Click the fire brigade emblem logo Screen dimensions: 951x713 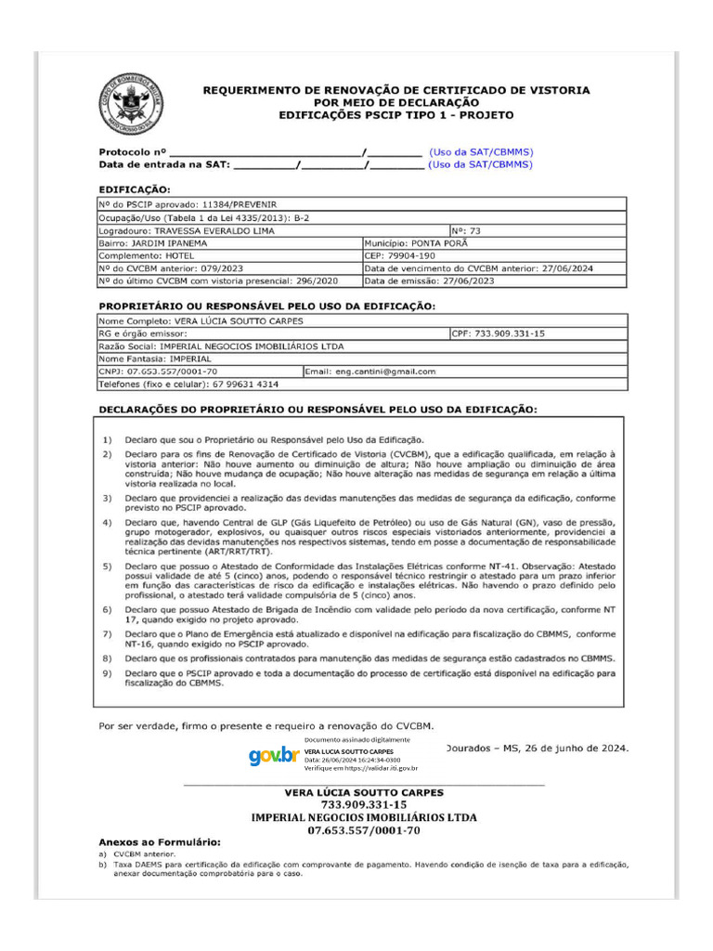tap(131, 103)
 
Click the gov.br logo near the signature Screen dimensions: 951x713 tap(274, 756)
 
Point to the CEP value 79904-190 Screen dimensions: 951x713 tap(412, 255)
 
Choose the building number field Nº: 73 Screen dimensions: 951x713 tap(470, 230)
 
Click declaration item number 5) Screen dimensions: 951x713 tap(108, 566)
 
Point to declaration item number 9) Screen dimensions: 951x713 tap(108, 671)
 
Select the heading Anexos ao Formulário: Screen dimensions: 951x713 tap(160, 841)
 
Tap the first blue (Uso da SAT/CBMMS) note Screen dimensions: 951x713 tap(481, 151)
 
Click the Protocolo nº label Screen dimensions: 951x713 tap(132, 151)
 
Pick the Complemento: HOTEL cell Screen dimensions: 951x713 tap(140, 255)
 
